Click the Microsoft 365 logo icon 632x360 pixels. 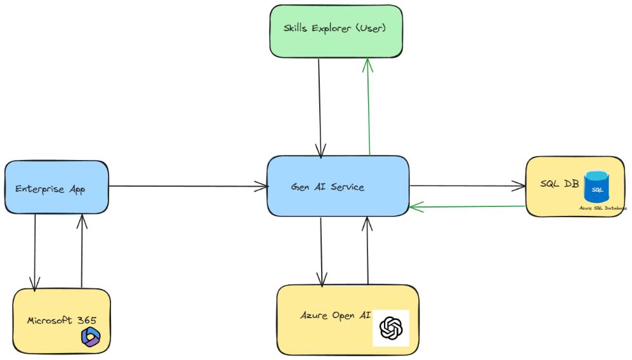pyautogui.click(x=91, y=337)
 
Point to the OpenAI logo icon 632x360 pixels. pyautogui.click(x=391, y=328)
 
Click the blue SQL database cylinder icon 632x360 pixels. pyautogui.click(x=596, y=187)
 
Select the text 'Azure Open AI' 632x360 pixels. pyautogui.click(x=326, y=316)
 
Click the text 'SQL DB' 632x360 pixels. pyautogui.click(x=559, y=183)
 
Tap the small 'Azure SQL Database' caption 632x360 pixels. pyautogui.click(x=602, y=208)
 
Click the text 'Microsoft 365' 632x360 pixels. pyautogui.click(x=61, y=320)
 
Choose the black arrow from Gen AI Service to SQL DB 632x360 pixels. pyautogui.click(x=468, y=186)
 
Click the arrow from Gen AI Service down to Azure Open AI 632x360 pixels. pyautogui.click(x=322, y=251)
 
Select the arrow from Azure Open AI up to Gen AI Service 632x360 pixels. pyautogui.click(x=367, y=251)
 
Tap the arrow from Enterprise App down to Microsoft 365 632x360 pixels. pyautogui.click(x=36, y=251)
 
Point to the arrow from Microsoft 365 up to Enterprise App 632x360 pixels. pyautogui.click(x=82, y=251)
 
